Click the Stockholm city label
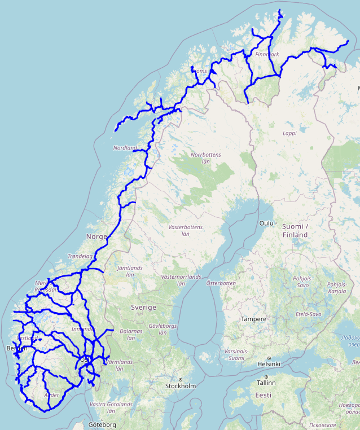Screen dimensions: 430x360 click(180, 387)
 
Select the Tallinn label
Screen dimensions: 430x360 click(266, 382)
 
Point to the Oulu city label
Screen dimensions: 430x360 click(265, 223)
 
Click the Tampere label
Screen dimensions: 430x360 click(253, 319)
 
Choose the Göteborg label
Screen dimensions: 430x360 click(102, 424)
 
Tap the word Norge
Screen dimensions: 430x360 click(96, 236)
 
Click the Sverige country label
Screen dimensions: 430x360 click(143, 308)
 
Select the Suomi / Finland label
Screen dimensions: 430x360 click(295, 231)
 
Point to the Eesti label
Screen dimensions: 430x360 click(263, 395)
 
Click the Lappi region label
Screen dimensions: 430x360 click(289, 134)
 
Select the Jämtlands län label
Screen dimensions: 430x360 click(130, 271)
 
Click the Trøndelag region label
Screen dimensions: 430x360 click(80, 256)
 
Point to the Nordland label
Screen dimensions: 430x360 click(125, 148)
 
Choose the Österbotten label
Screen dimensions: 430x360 click(220, 283)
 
